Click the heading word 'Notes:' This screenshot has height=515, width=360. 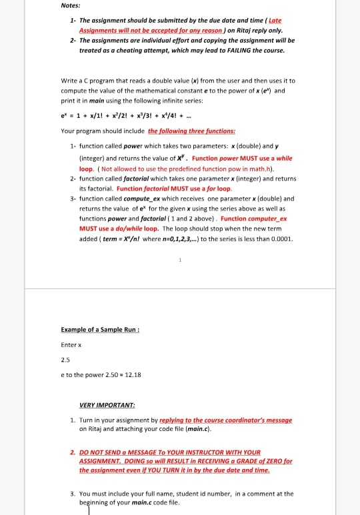[x=70, y=6]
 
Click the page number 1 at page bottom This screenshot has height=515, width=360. [x=180, y=259]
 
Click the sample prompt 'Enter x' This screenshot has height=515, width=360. [x=71, y=344]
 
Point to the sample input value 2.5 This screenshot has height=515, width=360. [x=65, y=359]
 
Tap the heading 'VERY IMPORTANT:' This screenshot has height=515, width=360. [x=107, y=405]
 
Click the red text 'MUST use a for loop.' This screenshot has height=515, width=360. [x=198, y=189]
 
